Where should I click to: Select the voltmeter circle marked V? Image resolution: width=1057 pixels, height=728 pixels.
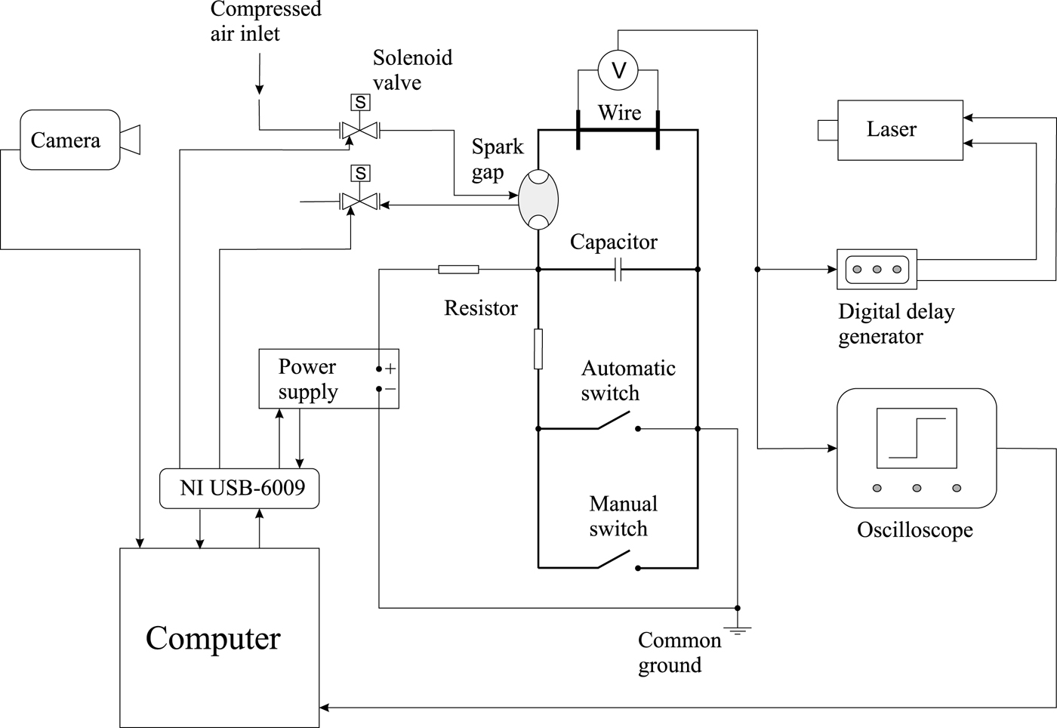[x=618, y=71]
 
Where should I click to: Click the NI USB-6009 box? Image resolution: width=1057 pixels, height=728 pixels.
[x=239, y=488]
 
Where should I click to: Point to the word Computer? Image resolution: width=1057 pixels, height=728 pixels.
[x=213, y=638]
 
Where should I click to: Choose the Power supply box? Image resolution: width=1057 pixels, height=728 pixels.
[x=328, y=379]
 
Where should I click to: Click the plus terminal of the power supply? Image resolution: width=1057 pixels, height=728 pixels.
[x=390, y=369]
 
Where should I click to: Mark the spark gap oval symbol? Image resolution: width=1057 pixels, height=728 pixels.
[x=538, y=200]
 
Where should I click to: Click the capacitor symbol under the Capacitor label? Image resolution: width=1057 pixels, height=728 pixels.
[x=618, y=270]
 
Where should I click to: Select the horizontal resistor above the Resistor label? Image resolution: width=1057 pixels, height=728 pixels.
[x=458, y=270]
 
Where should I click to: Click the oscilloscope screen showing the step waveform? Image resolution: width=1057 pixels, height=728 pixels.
[x=916, y=439]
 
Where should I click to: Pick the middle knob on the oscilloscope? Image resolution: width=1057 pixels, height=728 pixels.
[x=917, y=489]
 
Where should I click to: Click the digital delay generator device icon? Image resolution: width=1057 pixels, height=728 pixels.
[x=877, y=270]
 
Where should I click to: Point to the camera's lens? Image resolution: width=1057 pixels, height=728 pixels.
[x=131, y=140]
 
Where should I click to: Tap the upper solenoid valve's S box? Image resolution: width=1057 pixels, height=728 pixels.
[x=360, y=103]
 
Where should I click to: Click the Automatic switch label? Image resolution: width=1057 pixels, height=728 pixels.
[x=627, y=381]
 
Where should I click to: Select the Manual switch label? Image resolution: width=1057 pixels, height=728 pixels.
[x=623, y=516]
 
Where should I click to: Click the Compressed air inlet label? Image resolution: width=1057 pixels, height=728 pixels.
[x=265, y=21]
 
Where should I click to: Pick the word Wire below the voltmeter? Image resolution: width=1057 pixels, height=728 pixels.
[x=619, y=113]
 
